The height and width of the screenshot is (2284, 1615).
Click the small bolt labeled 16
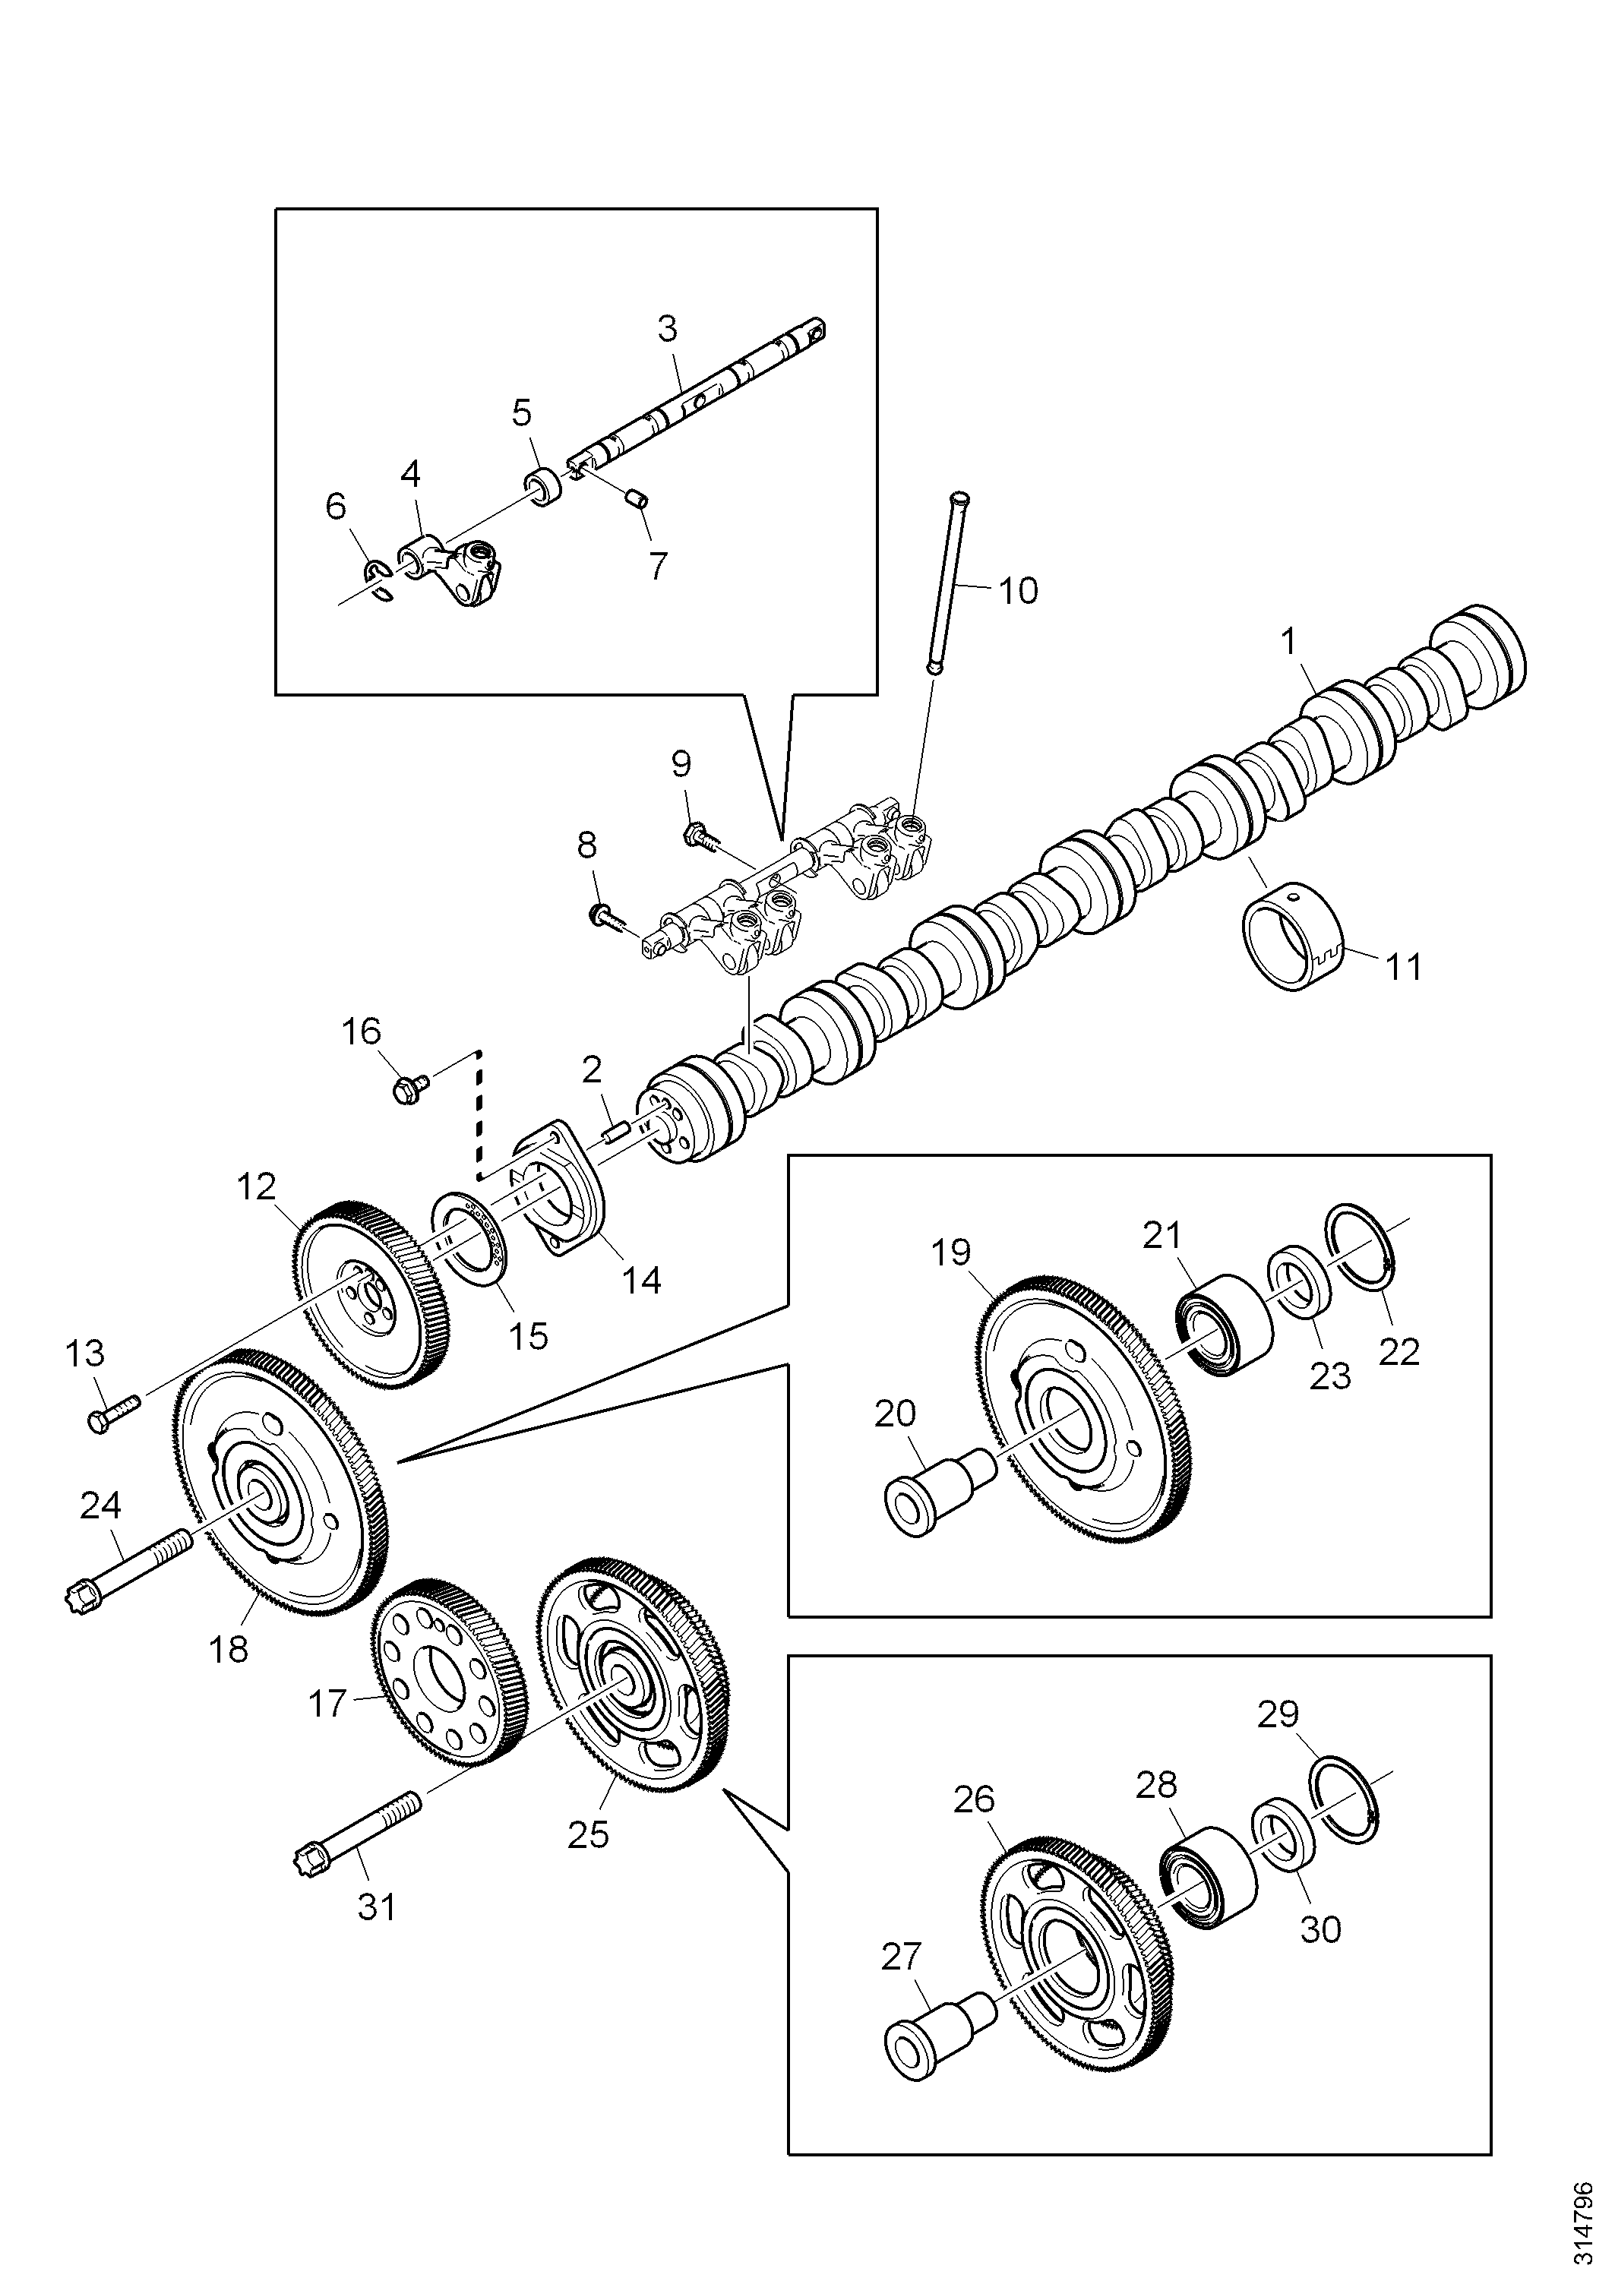411,1089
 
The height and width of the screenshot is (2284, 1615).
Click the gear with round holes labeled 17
446,1689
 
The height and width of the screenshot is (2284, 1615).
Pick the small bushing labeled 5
543,485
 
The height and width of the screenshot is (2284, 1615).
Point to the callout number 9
681,763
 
